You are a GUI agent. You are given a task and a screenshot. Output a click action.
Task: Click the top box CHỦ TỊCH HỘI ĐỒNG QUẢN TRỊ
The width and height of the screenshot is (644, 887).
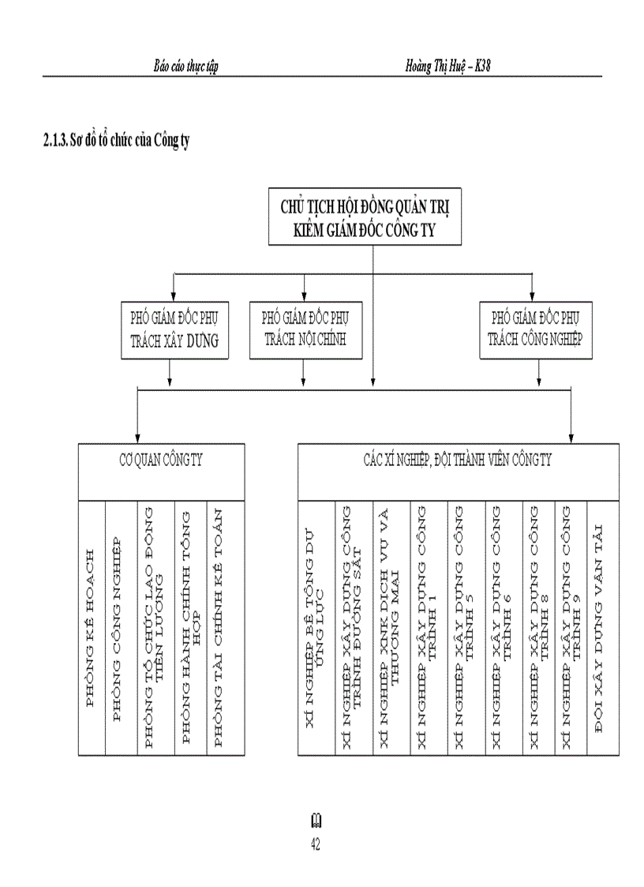[365, 218]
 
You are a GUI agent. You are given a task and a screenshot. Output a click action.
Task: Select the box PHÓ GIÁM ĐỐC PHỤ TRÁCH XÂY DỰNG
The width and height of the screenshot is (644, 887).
[174, 329]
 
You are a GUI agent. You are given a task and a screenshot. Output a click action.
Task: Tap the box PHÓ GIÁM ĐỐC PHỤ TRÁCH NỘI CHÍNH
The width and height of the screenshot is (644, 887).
[304, 329]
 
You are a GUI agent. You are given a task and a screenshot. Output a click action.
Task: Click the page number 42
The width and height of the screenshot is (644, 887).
[316, 845]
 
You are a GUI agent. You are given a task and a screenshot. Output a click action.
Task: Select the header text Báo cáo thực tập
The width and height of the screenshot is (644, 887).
[186, 66]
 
